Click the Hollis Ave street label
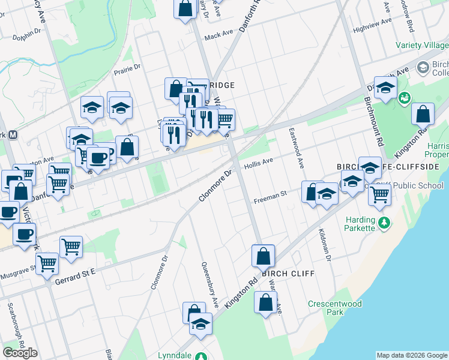pos(259,161)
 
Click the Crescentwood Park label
pos(335,308)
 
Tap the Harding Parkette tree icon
pos(384,223)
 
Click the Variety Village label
pos(421,46)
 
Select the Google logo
pos(20,352)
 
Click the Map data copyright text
pos(412,355)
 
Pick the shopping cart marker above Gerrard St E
pos(47,263)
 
